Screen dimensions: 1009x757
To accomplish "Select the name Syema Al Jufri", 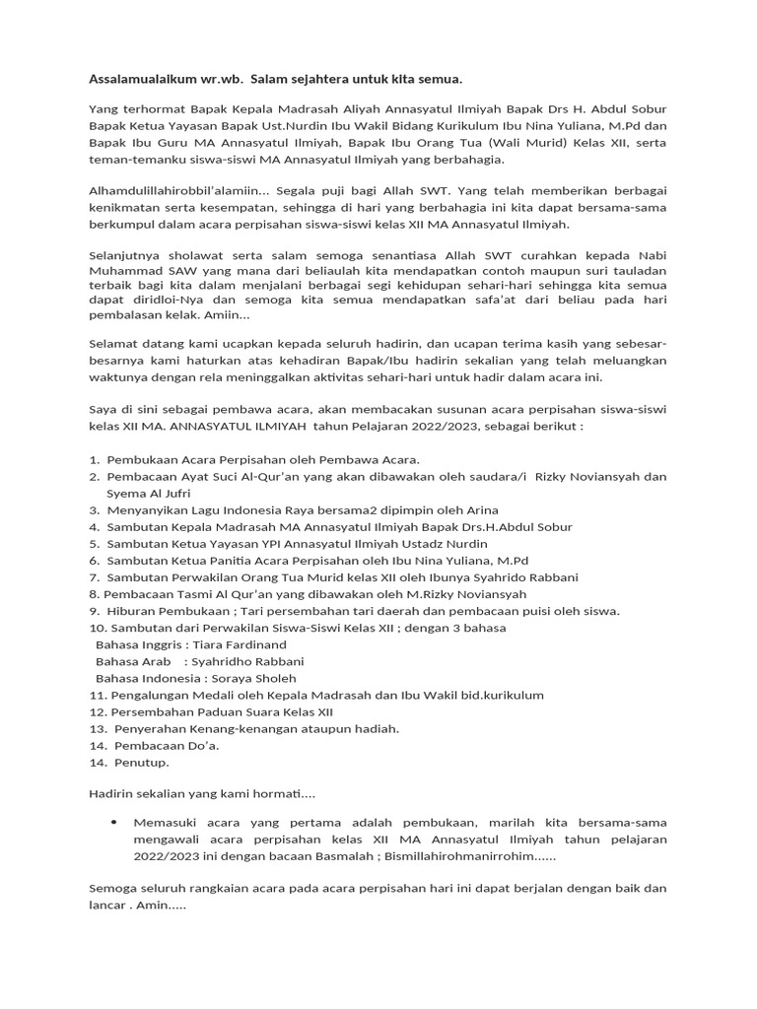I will tap(149, 493).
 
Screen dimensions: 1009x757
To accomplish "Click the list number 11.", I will tap(97, 695).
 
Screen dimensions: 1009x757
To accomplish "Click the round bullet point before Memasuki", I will tap(115, 821).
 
